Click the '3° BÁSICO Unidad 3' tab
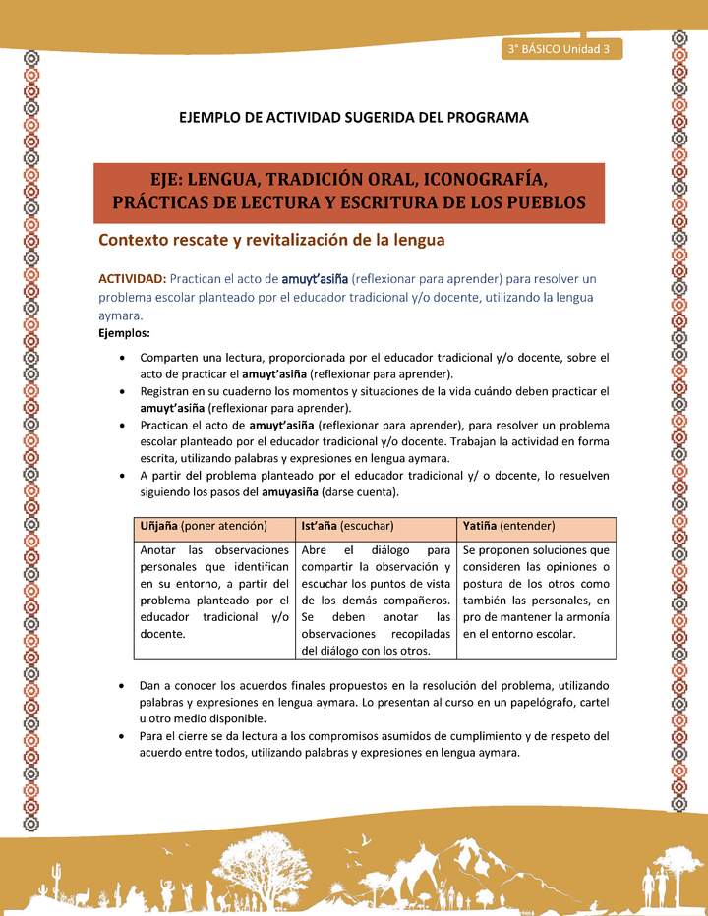[560, 48]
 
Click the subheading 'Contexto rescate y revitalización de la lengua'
[271, 240]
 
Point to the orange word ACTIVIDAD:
[132, 278]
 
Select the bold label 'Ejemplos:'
[123, 334]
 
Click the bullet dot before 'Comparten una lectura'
[120, 357]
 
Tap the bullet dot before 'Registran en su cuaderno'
[120, 391]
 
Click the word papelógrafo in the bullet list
[523, 704]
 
